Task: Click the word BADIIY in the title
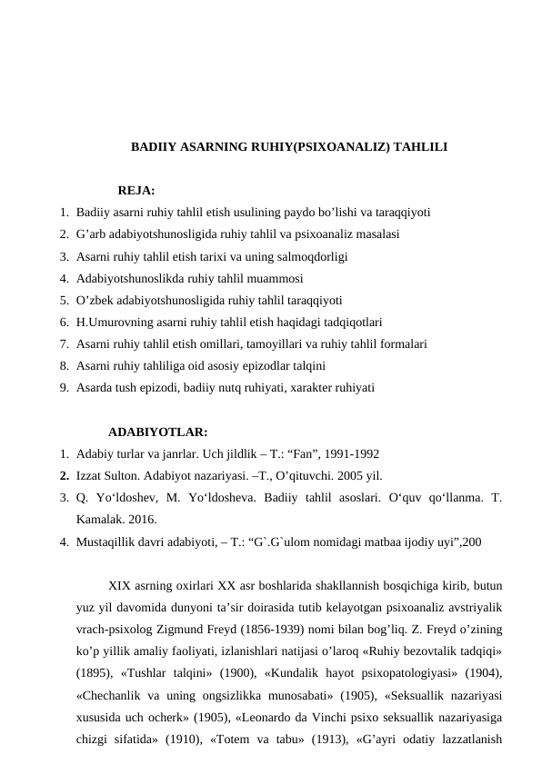[x=153, y=145]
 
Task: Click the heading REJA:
[x=136, y=191]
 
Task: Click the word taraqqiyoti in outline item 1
[x=402, y=213]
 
